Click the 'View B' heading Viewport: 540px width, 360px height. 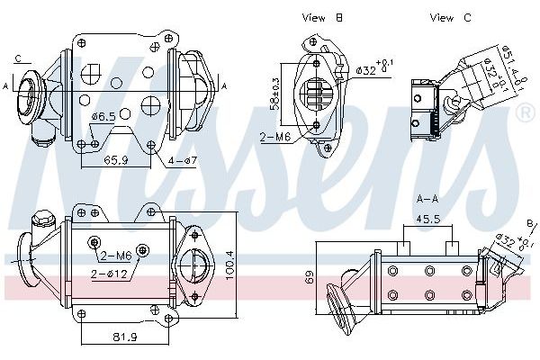322,17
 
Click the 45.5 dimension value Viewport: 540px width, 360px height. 429,219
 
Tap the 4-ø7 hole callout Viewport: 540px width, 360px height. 184,160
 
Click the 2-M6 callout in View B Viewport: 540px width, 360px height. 274,138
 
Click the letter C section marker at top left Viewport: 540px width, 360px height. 18,59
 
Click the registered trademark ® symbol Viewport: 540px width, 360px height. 526,112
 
